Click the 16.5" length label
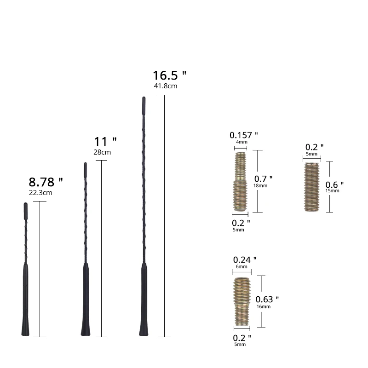(169, 75)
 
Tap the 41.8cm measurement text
(166, 86)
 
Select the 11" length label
(105, 142)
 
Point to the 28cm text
(102, 152)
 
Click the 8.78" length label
(46, 182)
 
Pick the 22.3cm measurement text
(40, 193)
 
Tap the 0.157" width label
(243, 135)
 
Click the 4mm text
(241, 143)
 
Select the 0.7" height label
(264, 178)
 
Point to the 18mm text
(260, 185)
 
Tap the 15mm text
(332, 190)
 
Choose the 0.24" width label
(245, 260)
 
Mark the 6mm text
(241, 267)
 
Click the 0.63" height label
(267, 299)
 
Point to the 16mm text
(264, 306)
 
